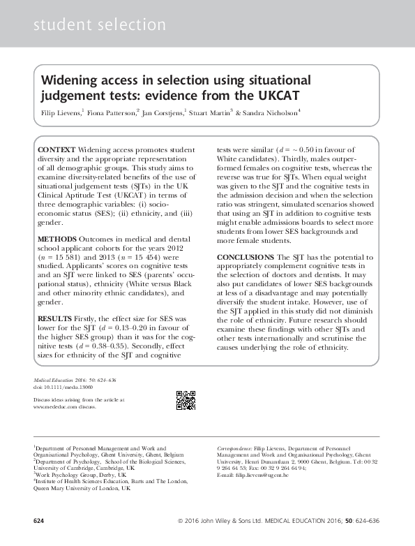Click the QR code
185,399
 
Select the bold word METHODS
58,239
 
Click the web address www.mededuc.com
53,406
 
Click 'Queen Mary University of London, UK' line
82,489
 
